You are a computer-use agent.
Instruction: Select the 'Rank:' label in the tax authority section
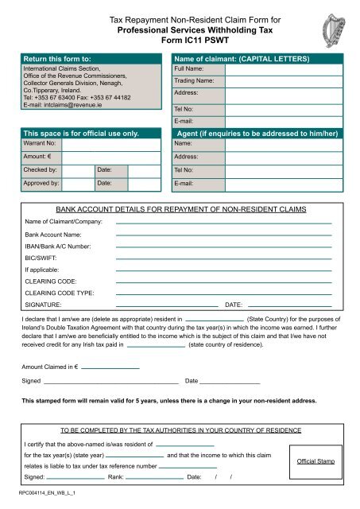115,478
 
